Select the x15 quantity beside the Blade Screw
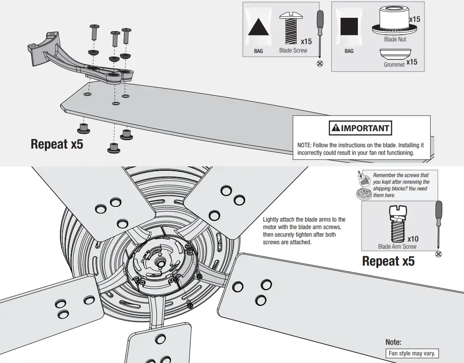point(306,42)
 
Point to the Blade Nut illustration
point(395,21)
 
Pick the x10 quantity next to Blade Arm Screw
point(413,239)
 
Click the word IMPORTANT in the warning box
point(365,129)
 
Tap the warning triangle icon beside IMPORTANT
point(335,129)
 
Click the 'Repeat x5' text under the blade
point(57,144)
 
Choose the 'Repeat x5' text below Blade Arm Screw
point(388,261)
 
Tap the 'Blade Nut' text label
point(395,39)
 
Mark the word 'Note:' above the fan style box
point(393,342)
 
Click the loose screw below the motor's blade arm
point(190,304)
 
